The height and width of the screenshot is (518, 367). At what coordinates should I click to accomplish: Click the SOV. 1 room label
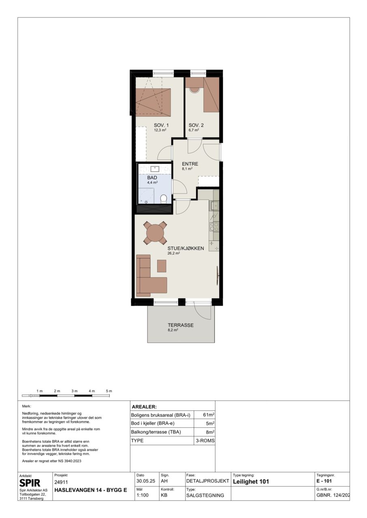pyautogui.click(x=161, y=125)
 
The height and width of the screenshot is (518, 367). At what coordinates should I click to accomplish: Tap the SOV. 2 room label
pyautogui.click(x=196, y=125)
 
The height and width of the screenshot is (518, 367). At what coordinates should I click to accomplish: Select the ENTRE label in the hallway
pyautogui.click(x=190, y=164)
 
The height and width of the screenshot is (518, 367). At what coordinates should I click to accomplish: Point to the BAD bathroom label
pyautogui.click(x=152, y=178)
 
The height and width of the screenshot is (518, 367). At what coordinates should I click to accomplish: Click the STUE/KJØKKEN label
pyautogui.click(x=186, y=248)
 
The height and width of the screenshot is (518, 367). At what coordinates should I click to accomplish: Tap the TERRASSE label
pyautogui.click(x=181, y=325)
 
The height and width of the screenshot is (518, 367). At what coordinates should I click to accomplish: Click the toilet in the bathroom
pyautogui.click(x=164, y=199)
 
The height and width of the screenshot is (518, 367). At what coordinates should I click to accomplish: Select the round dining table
pyautogui.click(x=155, y=233)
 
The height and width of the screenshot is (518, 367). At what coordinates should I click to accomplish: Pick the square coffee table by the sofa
pyautogui.click(x=162, y=266)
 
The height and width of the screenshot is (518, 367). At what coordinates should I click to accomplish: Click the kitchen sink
pyautogui.click(x=214, y=206)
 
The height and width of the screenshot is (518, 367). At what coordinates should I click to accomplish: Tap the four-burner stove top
pyautogui.click(x=214, y=227)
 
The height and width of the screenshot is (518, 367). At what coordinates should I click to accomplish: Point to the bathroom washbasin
pyautogui.click(x=155, y=169)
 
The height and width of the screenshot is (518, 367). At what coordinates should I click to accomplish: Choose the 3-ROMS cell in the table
pyautogui.click(x=205, y=441)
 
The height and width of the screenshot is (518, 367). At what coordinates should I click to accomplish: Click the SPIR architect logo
pyautogui.click(x=30, y=483)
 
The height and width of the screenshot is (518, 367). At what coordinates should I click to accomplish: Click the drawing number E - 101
pyautogui.click(x=324, y=481)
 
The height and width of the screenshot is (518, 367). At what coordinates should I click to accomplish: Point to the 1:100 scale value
pyautogui.click(x=143, y=495)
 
